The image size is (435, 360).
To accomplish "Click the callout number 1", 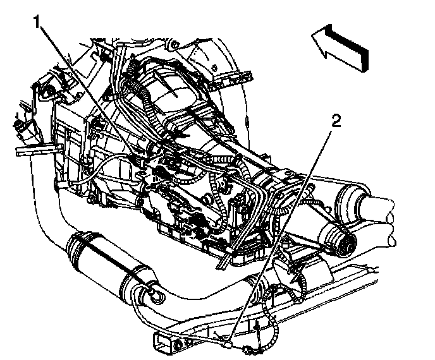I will [x=39, y=23].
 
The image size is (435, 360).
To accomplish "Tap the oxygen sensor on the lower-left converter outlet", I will [x=154, y=291].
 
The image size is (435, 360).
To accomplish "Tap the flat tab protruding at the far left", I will [x=28, y=152].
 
